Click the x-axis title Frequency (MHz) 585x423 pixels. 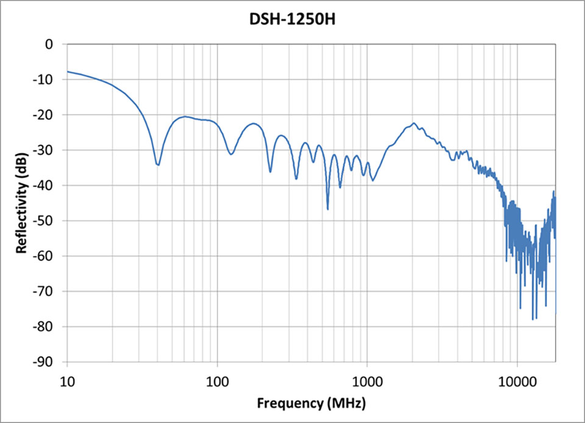click(311, 403)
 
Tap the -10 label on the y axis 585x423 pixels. click(45, 80)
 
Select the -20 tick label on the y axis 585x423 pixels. click(45, 115)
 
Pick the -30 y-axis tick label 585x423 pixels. click(45, 150)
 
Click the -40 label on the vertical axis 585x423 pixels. click(45, 186)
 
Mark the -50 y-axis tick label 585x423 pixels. click(45, 221)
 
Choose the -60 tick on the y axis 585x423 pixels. click(45, 256)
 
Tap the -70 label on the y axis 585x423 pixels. click(45, 292)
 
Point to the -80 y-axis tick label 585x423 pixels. click(45, 327)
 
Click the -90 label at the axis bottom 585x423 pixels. click(45, 362)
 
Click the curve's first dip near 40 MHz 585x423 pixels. click(158, 164)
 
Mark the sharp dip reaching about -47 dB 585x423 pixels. click(328, 209)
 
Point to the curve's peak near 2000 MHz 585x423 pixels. click(414, 123)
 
